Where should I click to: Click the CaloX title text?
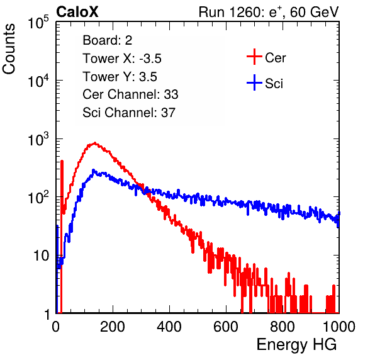(x=77, y=12)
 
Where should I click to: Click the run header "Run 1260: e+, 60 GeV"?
(x=269, y=12)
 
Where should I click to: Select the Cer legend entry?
(x=266, y=57)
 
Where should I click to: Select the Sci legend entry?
(x=265, y=83)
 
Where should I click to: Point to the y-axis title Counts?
(x=9, y=49)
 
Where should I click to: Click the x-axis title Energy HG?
(x=296, y=344)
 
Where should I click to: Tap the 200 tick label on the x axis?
(x=113, y=327)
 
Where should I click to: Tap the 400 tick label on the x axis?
(x=169, y=327)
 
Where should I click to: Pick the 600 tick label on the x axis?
(x=226, y=327)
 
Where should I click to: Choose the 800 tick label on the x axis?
(x=283, y=327)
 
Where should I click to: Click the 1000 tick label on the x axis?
(x=339, y=327)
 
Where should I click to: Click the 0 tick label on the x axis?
(x=56, y=327)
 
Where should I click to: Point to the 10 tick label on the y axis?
(x=41, y=256)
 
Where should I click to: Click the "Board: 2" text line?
(x=108, y=40)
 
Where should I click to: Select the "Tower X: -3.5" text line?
(x=122, y=59)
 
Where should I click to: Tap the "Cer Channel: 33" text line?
(x=130, y=94)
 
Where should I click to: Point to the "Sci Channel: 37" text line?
(x=129, y=113)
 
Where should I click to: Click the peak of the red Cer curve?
(x=95, y=143)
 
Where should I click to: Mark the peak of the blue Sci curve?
(x=93, y=170)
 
